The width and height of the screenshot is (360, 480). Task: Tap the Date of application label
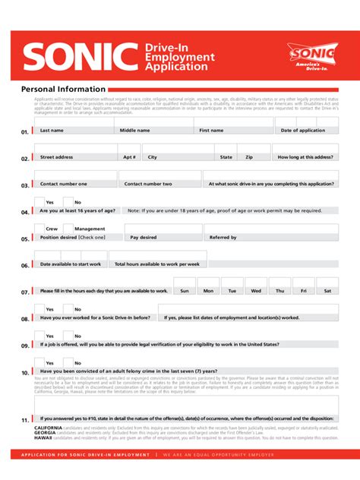coord(302,131)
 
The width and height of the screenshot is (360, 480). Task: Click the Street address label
coord(57,157)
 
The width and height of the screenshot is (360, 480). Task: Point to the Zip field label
coord(249,157)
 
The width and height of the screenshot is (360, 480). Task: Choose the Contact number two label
coord(148,184)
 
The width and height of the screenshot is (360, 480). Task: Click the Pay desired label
coord(144,238)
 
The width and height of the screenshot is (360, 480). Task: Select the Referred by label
coord(223,238)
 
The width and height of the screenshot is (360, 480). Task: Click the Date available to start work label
coord(70,264)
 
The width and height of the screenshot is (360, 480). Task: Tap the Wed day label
coord(256,291)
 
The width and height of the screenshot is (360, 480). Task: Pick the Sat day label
coord(328,291)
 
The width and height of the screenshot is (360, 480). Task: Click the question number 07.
coord(25,292)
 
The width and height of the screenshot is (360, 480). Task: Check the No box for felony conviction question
coord(67,362)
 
